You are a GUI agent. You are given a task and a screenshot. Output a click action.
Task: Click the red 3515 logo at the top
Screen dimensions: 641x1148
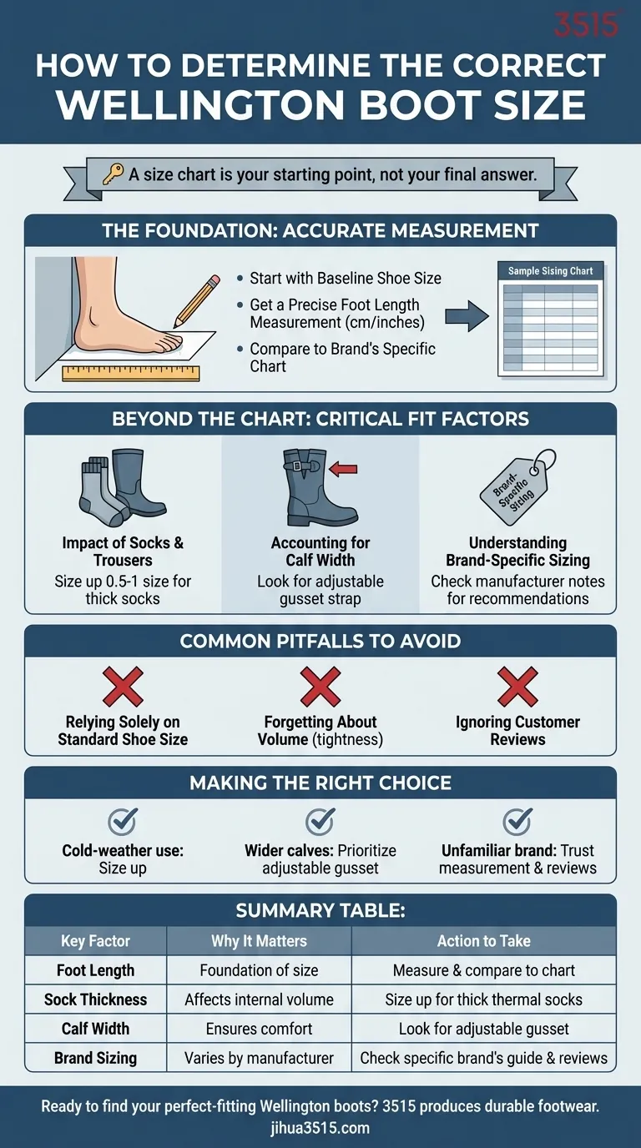pyautogui.click(x=586, y=25)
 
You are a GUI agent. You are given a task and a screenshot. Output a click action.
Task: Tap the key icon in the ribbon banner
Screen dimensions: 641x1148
pyautogui.click(x=113, y=174)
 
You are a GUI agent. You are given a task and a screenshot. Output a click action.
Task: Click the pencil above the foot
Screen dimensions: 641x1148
pyautogui.click(x=196, y=301)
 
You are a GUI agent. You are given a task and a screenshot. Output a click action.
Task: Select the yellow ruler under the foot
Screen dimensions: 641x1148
pyautogui.click(x=131, y=373)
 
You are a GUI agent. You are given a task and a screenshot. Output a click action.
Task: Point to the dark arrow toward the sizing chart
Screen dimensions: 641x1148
pyautogui.click(x=466, y=316)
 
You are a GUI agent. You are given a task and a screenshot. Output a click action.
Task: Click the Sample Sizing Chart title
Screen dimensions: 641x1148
pyautogui.click(x=550, y=270)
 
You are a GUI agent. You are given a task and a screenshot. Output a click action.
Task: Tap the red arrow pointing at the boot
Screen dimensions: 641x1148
pyautogui.click(x=343, y=468)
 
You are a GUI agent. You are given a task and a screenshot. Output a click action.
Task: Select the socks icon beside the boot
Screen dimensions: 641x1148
pyautogui.click(x=102, y=492)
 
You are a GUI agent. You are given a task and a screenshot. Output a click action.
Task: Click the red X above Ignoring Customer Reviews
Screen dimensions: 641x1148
pyautogui.click(x=517, y=687)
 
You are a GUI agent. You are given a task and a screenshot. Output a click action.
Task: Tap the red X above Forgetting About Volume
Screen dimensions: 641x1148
pyautogui.click(x=320, y=687)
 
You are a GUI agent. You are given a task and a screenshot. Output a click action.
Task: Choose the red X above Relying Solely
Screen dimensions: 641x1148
pyautogui.click(x=123, y=687)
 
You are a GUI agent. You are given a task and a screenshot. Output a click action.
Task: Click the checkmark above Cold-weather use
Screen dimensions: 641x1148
pyautogui.click(x=123, y=821)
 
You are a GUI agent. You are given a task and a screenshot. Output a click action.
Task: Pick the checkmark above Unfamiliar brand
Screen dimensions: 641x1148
pyautogui.click(x=517, y=821)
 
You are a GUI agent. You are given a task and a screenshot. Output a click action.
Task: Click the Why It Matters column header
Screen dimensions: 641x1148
pyautogui.click(x=259, y=941)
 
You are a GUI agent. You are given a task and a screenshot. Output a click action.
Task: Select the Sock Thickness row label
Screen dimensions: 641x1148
pyautogui.click(x=95, y=999)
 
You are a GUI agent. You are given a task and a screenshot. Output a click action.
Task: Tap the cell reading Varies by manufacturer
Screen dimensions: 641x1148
pyautogui.click(x=259, y=1058)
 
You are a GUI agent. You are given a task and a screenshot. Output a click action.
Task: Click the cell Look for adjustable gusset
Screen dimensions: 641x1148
pyautogui.click(x=484, y=1029)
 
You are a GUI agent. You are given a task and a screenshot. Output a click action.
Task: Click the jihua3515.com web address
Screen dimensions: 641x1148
pyautogui.click(x=320, y=1127)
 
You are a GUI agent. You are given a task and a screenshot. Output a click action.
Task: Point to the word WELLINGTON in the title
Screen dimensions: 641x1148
pyautogui.click(x=200, y=104)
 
